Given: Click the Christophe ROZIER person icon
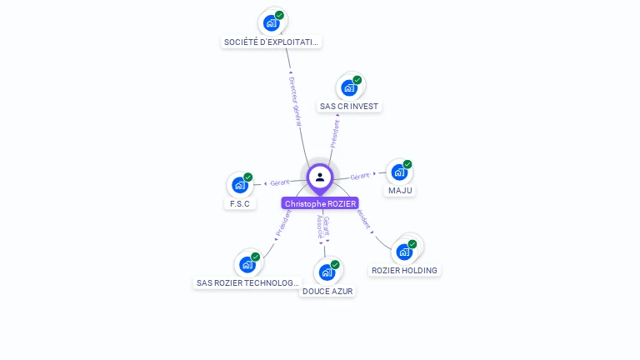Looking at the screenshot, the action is click(x=320, y=177).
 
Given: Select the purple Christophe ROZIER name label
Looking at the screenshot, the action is click(x=320, y=203).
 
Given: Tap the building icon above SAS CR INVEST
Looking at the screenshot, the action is click(x=349, y=87).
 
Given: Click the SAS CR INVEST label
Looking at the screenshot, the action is click(x=349, y=107).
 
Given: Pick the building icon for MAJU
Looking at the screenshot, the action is click(x=399, y=172).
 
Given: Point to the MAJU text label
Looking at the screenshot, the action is click(x=400, y=191).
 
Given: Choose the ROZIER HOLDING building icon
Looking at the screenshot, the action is click(x=404, y=251).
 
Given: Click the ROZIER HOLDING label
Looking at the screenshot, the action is click(x=404, y=270).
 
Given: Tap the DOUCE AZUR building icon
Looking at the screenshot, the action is click(x=327, y=272).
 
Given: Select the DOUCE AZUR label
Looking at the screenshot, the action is click(x=327, y=292).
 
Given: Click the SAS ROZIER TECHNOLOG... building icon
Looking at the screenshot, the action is click(x=247, y=264).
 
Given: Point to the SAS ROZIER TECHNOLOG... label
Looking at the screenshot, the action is click(x=247, y=283).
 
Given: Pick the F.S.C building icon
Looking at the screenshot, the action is click(x=240, y=185).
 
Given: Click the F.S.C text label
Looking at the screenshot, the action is click(x=240, y=203).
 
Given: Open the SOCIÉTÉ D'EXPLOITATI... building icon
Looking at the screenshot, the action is click(x=272, y=22).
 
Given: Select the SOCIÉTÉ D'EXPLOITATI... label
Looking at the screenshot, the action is click(x=272, y=42).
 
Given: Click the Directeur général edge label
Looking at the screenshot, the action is click(x=298, y=101).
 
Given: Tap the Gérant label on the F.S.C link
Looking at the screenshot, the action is click(x=279, y=182).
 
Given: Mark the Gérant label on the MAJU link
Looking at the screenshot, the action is click(x=360, y=176).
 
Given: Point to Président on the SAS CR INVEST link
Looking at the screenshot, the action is click(x=335, y=132).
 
